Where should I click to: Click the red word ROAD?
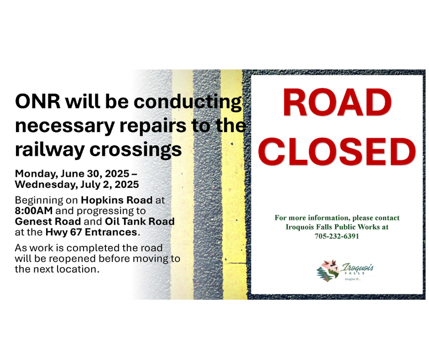pos(337,102)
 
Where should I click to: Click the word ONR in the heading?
pos(38,101)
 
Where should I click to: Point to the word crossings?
pos(136,150)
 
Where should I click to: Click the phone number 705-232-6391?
pos(337,236)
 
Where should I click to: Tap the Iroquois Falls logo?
pos(345,270)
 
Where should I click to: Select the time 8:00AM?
pos(34,211)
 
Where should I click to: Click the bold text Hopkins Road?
pos(117,200)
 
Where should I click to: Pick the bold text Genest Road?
pos(48,222)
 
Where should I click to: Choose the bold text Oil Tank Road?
pos(140,222)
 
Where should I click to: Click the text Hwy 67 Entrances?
pos(91,232)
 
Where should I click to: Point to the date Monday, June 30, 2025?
pos(72,174)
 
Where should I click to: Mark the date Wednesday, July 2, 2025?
pos(77,185)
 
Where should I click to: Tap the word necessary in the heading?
pos(64,126)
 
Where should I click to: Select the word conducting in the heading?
pos(188,102)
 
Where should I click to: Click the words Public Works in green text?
pos(357,227)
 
